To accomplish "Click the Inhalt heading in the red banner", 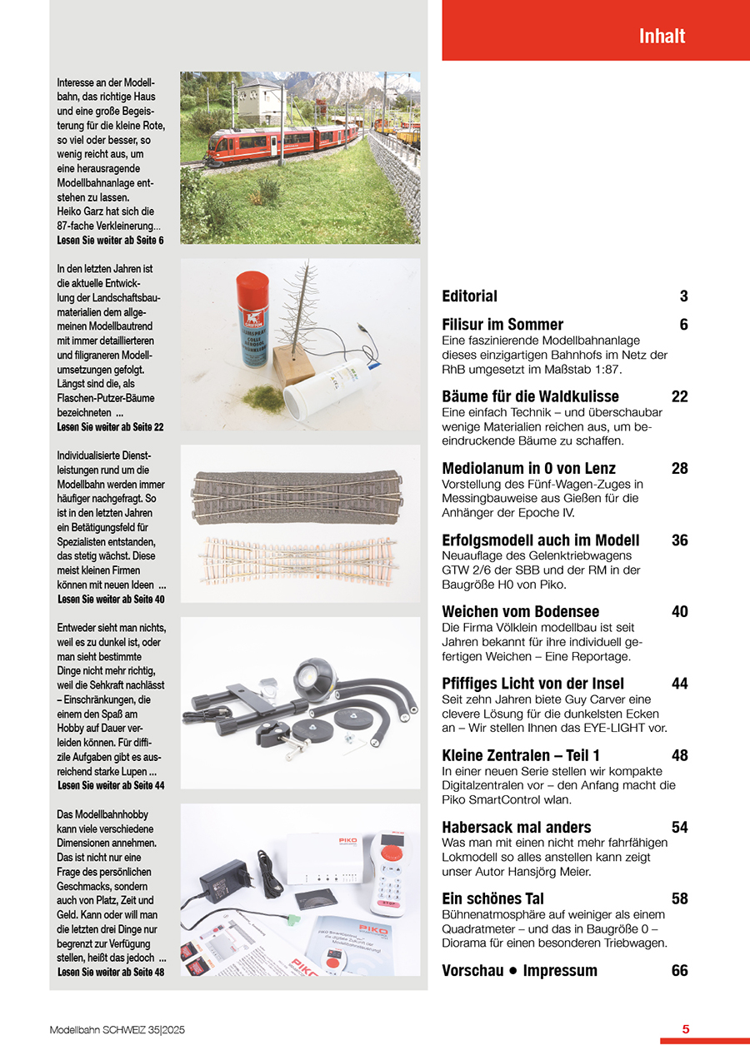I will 662,37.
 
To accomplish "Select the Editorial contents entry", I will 469,296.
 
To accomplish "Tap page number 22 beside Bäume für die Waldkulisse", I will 679,396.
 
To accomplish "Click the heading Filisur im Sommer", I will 502,325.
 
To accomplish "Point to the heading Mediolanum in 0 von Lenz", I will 528,469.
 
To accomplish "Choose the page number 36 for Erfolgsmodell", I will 679,540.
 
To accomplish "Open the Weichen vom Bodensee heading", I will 520,612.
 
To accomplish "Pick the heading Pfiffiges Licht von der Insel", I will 532,684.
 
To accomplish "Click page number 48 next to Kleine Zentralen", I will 679,755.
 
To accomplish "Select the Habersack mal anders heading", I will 516,827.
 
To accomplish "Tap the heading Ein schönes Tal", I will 492,898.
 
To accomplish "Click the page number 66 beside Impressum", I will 679,970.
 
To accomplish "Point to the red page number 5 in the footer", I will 685,1029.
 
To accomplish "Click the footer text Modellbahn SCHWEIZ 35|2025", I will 117,1030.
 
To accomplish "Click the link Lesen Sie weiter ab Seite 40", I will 111,600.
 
